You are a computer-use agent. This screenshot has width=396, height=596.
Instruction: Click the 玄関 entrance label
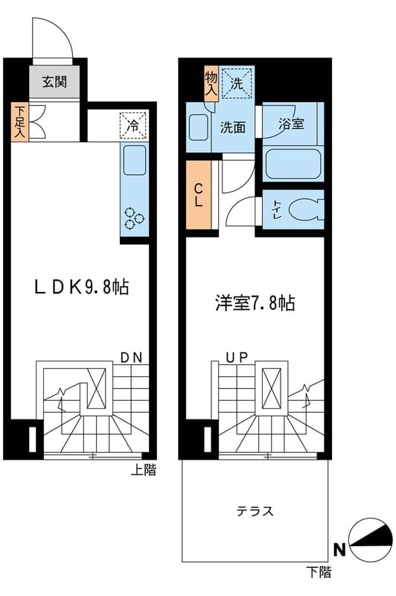click(x=54, y=82)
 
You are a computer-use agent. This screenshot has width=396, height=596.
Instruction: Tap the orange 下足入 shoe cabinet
click(x=19, y=122)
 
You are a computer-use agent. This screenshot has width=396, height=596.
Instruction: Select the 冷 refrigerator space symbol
click(x=133, y=125)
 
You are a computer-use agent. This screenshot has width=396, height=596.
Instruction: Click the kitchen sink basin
click(x=135, y=160)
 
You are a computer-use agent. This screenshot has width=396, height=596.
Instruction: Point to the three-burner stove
click(x=135, y=219)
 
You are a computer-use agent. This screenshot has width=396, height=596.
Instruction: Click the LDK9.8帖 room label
click(x=82, y=287)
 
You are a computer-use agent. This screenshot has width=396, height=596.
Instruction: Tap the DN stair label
click(x=131, y=358)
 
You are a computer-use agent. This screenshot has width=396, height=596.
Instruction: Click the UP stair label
click(x=237, y=358)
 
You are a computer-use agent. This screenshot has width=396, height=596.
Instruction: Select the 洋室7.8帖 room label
click(x=255, y=304)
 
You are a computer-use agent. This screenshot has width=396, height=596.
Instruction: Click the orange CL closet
click(x=199, y=195)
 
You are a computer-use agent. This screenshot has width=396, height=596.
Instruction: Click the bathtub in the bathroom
click(x=293, y=164)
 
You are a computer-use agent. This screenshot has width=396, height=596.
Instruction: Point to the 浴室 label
click(x=291, y=124)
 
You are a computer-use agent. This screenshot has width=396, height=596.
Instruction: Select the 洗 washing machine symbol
click(x=237, y=83)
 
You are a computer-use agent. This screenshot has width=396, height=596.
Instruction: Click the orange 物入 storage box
click(x=211, y=83)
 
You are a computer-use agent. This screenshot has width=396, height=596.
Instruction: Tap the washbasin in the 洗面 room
click(x=199, y=127)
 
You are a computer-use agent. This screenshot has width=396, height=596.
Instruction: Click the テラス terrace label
click(x=255, y=511)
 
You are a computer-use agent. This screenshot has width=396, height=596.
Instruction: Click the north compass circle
click(x=371, y=539)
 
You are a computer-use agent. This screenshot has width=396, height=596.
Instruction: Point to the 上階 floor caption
click(x=144, y=470)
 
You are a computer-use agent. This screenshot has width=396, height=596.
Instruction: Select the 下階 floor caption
click(x=319, y=571)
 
